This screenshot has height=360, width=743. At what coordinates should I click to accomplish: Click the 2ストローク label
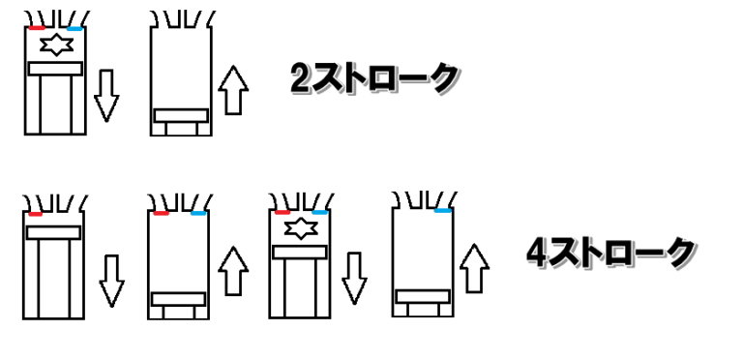coord(374,78)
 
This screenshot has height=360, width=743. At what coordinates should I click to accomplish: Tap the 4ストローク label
coord(611,253)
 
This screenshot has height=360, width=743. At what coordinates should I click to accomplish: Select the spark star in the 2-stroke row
coord(56,45)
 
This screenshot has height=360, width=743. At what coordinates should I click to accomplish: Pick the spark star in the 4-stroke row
coord(301,228)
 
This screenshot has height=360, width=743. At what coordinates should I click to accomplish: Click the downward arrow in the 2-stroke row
coord(106,96)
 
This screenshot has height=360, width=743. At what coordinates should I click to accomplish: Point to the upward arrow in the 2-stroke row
coord(233,90)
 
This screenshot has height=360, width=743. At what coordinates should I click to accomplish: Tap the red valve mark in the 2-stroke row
coord(37,28)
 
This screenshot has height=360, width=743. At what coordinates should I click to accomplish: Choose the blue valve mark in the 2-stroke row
coord(74,29)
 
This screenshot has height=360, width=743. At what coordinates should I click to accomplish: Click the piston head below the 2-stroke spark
coord(55,69)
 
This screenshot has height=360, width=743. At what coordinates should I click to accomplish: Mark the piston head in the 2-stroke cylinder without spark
coord(181,115)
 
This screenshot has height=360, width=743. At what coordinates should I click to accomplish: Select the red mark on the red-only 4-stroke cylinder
coord(35,214)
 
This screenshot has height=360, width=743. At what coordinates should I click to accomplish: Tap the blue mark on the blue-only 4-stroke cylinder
coord(442,210)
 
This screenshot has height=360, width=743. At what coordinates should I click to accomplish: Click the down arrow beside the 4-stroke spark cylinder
coord(354,278)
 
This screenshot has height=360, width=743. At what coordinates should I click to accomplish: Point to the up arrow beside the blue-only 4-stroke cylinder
coord(474,269)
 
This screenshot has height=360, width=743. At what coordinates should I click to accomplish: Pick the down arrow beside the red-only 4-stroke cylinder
coord(112,282)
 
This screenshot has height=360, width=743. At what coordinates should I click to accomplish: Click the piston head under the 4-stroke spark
coord(300,252)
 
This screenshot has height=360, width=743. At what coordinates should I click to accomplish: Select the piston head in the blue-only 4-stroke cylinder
coord(423,296)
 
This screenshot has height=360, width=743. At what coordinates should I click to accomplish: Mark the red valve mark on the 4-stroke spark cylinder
coord(282,212)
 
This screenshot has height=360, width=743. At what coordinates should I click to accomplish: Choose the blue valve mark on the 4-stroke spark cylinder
coord(320,212)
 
